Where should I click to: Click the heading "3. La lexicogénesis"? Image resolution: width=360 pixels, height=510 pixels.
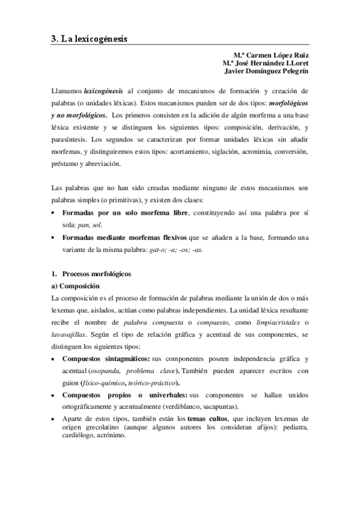[90, 38]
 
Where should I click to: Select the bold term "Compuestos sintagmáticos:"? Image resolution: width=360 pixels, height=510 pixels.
[106, 358]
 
